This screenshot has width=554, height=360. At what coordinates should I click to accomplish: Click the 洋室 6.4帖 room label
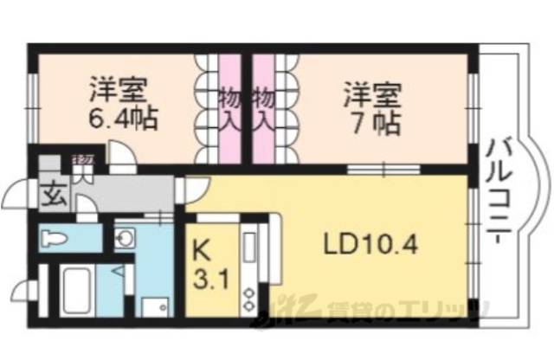(121, 104)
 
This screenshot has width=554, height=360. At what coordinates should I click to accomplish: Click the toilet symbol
(56, 237)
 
